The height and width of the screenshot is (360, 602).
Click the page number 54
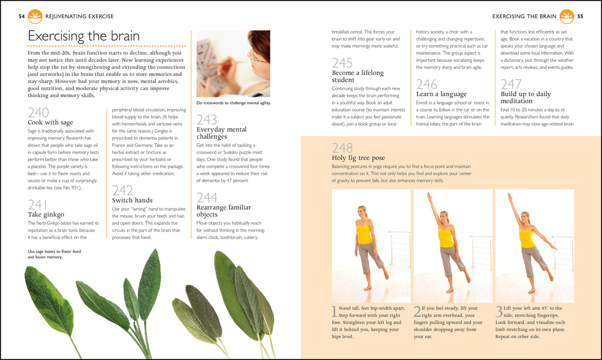(21, 16)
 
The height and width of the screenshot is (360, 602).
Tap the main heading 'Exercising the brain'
(83, 36)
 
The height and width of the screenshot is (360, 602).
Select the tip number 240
(38, 112)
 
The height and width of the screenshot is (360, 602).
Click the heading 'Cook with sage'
(51, 122)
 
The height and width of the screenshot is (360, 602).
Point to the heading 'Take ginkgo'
(46, 214)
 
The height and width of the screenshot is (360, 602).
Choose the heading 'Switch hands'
(132, 200)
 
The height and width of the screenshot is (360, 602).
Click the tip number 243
(207, 120)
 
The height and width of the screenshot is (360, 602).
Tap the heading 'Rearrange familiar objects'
(223, 211)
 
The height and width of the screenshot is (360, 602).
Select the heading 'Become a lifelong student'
(357, 76)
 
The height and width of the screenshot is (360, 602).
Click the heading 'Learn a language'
(441, 94)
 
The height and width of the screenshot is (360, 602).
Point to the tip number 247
(511, 84)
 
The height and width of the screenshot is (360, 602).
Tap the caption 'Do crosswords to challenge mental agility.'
(233, 104)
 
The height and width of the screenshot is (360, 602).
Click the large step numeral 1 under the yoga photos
(335, 311)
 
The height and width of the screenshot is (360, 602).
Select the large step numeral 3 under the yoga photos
(499, 311)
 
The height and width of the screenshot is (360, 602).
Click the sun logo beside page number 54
(35, 16)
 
